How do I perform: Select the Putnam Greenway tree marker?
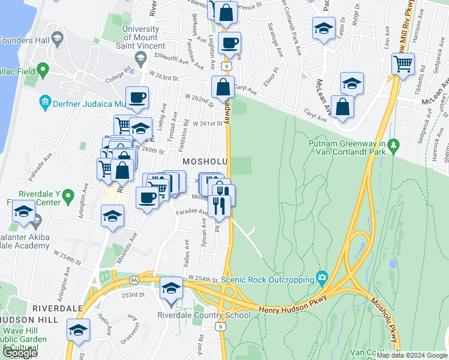(x=394, y=145)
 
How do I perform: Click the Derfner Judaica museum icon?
(x=46, y=102)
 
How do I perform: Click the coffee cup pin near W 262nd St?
(x=137, y=98)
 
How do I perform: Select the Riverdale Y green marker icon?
(x=68, y=195)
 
